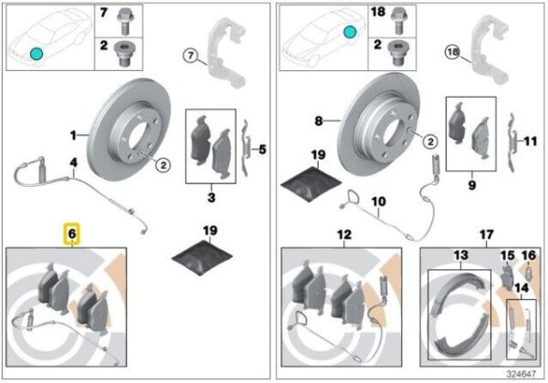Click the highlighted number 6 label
(x=71, y=233)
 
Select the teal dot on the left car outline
(x=37, y=54)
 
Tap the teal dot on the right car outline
(x=350, y=32)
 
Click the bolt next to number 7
(x=125, y=22)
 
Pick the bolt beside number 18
(x=398, y=22)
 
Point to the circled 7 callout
(x=191, y=56)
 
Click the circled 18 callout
(x=453, y=52)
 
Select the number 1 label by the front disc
(x=73, y=135)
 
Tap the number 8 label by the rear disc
(x=319, y=121)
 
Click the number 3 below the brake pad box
(x=212, y=198)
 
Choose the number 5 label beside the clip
(x=262, y=150)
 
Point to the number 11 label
(x=530, y=141)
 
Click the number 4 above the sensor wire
(x=73, y=162)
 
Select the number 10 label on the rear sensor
(x=378, y=202)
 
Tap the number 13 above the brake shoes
(x=460, y=255)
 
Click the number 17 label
(x=487, y=234)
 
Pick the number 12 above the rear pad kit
(x=344, y=234)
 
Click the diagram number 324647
(x=522, y=374)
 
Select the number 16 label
(x=529, y=255)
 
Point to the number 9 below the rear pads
(x=472, y=185)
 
